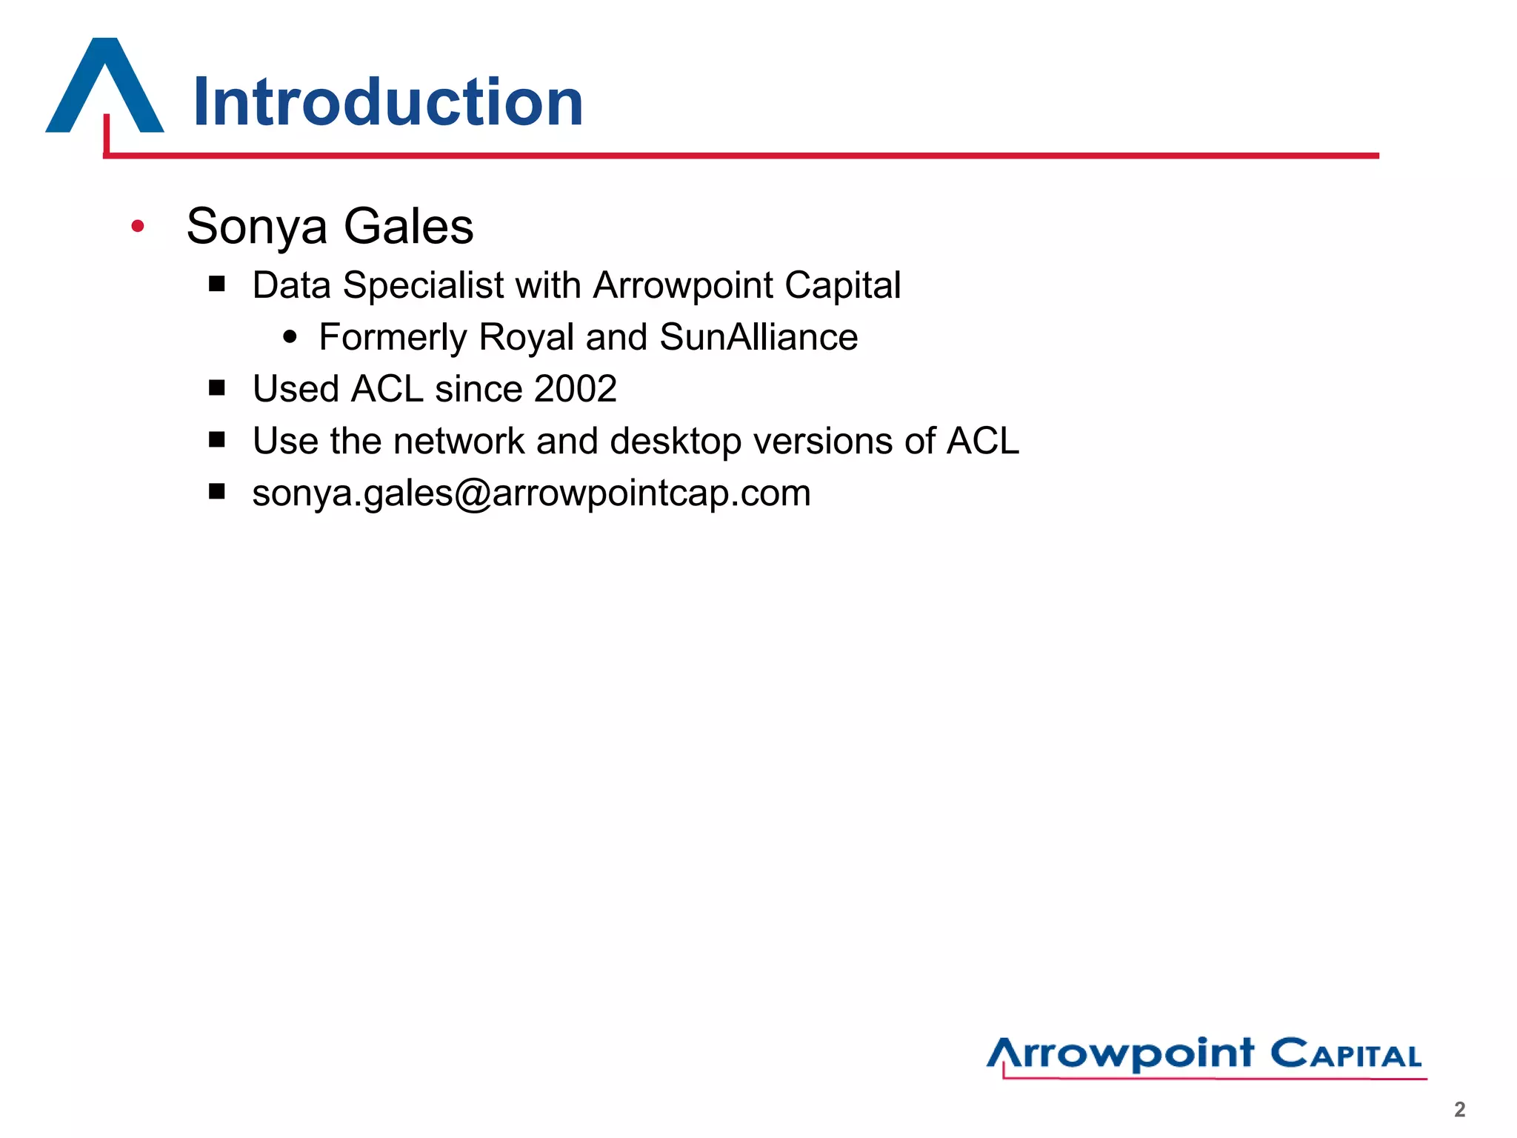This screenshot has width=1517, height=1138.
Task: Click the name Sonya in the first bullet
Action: (256, 227)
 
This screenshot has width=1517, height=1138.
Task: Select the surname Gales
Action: (408, 226)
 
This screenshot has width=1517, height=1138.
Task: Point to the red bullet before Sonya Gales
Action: (137, 225)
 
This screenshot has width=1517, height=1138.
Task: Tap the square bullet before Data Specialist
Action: (216, 284)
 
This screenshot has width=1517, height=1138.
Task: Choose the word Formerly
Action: (393, 338)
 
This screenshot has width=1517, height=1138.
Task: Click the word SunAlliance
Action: (758, 337)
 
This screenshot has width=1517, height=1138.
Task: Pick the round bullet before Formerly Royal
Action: (290, 337)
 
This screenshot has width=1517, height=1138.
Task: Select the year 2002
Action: (575, 389)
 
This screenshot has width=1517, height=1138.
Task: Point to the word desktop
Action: (676, 442)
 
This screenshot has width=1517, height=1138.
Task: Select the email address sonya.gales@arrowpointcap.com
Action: (531, 493)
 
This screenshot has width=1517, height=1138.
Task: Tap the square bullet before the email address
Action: (216, 491)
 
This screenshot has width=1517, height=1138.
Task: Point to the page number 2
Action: (1459, 1109)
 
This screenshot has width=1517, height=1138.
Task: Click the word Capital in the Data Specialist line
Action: (842, 286)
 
